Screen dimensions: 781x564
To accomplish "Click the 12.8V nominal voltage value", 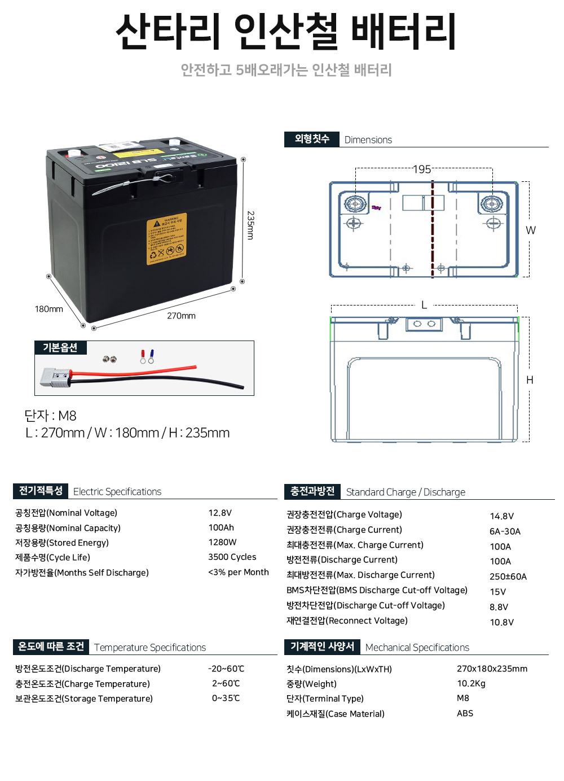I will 220,513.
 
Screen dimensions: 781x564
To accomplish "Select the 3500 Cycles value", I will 232,557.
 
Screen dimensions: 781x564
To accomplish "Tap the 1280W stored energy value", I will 222,542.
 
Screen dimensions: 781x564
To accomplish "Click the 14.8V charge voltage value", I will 501,516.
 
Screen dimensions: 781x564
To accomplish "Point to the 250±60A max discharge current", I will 508,577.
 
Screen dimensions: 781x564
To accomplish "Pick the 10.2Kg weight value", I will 471,683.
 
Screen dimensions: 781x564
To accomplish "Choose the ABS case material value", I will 465,713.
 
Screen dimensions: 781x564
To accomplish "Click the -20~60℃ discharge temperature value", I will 226,669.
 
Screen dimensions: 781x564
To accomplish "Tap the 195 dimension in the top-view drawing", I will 422,169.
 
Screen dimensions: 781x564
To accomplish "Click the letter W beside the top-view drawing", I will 530,230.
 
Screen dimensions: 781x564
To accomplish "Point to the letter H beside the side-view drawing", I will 530,380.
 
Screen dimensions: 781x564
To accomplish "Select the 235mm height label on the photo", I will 251,225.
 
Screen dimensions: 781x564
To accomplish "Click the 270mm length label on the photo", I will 181,316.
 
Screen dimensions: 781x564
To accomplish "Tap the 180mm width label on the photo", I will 49,309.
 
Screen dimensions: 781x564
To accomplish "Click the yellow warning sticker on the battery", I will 166,239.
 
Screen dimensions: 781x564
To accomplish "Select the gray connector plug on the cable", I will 54,378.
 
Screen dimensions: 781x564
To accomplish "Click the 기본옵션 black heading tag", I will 60,347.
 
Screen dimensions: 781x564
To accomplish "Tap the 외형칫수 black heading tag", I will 312,139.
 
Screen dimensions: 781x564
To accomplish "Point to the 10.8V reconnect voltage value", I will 501,622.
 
